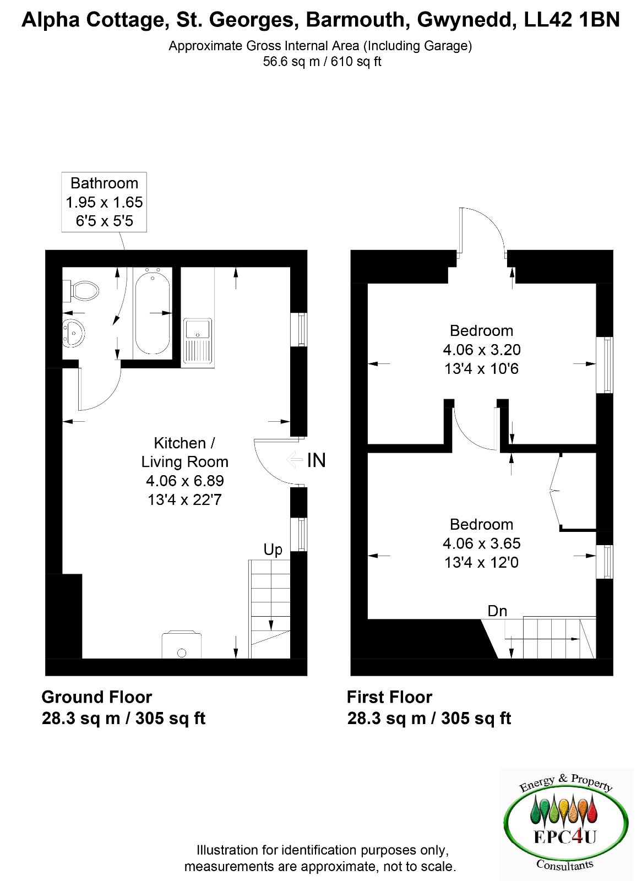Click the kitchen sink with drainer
pos(198,341)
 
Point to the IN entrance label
pos(316,460)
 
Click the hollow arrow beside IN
pos(295,459)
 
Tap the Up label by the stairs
pos(273,550)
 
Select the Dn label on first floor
pos(497,611)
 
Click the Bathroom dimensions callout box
pos(104,202)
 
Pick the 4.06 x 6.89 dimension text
pos(185,481)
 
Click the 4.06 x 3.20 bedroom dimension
pos(481,350)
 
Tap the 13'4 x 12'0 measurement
pos(481,562)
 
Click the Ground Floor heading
pos(97,697)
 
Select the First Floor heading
pos(389,697)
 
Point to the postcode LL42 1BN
pos(572,20)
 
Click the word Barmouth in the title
pos(355,20)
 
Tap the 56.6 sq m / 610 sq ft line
pos(322,62)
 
